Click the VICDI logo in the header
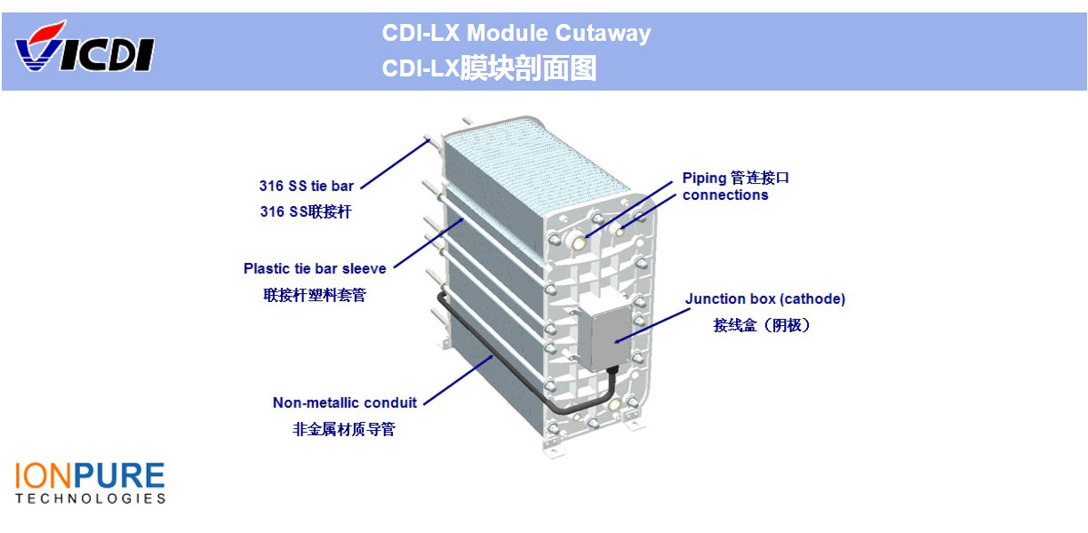(84, 47)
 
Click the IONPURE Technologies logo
(90, 482)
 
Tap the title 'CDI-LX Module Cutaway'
(516, 34)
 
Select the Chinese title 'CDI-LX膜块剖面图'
(489, 68)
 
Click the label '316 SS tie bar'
(306, 187)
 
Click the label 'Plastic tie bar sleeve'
(315, 268)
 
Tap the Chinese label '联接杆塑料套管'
(315, 295)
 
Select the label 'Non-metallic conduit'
(344, 402)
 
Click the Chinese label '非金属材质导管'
(344, 429)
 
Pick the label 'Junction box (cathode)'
(764, 299)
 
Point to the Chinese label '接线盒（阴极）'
(762, 325)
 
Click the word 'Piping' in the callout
(704, 178)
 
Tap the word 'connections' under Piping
(724, 195)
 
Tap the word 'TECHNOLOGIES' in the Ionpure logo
(90, 498)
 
